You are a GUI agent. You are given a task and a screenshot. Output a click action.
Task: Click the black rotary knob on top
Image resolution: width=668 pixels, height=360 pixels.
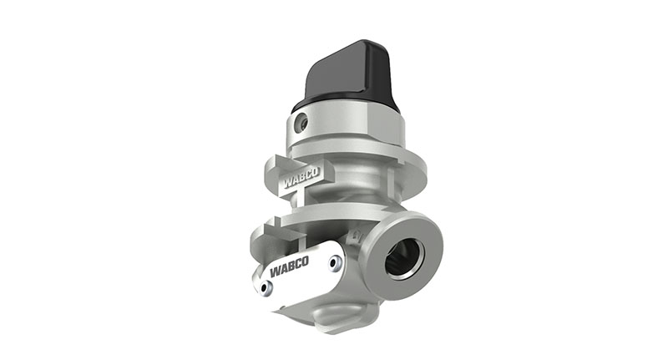point(347,75)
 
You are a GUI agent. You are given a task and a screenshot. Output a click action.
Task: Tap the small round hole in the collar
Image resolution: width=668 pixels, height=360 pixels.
point(303,123)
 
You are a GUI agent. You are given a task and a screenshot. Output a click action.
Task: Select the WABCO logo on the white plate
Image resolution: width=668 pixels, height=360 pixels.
point(290,266)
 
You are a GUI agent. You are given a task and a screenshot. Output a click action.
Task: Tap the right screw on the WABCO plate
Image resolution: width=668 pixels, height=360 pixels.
point(335,263)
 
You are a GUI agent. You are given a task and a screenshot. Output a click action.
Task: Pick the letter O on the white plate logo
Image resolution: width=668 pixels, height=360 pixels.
point(305,261)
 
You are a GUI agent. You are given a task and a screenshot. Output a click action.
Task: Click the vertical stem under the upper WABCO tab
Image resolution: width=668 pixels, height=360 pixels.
point(298,200)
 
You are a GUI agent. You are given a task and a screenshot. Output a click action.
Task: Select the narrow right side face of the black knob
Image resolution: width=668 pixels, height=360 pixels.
point(386,79)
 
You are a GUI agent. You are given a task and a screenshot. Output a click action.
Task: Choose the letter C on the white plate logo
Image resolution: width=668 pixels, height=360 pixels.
point(297,263)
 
